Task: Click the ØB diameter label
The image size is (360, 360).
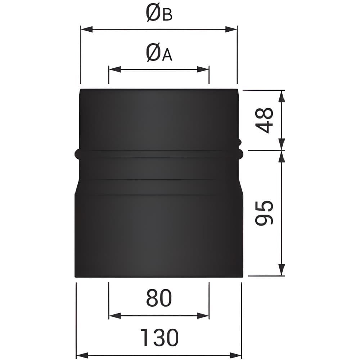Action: pyautogui.click(x=159, y=13)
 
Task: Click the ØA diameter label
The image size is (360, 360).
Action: pyautogui.click(x=159, y=53)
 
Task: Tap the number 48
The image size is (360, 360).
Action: pyautogui.click(x=264, y=120)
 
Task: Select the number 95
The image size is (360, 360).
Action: pyautogui.click(x=264, y=213)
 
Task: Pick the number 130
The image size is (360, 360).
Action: pyautogui.click(x=159, y=337)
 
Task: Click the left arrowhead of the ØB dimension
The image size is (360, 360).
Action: pyautogui.click(x=87, y=29)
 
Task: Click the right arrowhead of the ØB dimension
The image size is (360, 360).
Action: pyautogui.click(x=231, y=29)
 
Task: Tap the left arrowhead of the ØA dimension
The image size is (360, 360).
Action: pyautogui.click(x=115, y=69)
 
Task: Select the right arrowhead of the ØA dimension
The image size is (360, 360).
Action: pyautogui.click(x=203, y=69)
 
